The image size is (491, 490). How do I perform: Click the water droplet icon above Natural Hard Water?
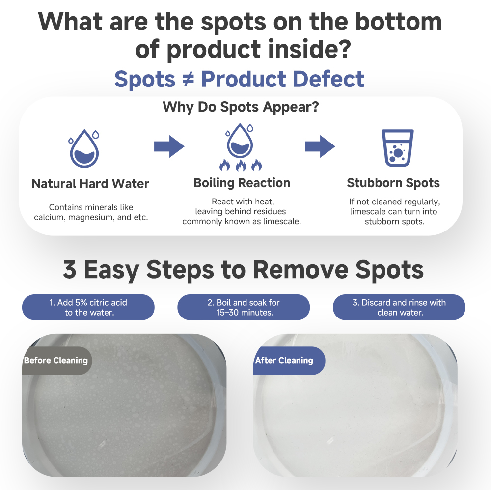84,148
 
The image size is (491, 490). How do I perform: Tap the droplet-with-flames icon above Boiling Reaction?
240,147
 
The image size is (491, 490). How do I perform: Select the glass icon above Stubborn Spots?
398,147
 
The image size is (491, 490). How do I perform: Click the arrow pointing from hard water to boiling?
169,146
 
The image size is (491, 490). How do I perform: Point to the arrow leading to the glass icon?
320,146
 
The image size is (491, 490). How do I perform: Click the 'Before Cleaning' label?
56,361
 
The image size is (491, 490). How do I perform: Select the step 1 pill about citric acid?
88,307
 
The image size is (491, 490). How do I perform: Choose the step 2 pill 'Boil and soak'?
244,307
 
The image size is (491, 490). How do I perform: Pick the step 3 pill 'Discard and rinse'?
399,307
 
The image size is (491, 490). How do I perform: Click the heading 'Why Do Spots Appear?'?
241,107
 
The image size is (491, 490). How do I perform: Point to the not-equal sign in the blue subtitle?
188,79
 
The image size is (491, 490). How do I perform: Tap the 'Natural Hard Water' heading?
90,184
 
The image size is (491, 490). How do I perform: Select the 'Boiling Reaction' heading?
242,183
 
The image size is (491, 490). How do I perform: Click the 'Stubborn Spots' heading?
393,183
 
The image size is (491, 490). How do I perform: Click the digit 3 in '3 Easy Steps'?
70,269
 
